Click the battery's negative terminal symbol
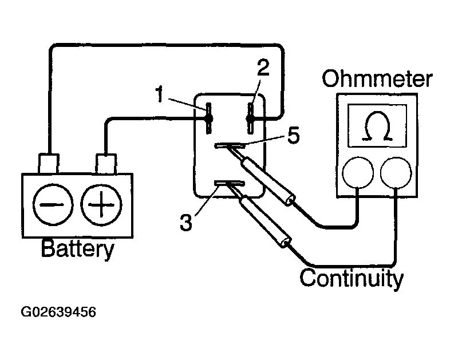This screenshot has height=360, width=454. [53, 204]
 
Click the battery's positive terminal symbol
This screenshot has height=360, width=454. [101, 204]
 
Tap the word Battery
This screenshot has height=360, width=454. [78, 249]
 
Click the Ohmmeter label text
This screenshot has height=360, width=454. [377, 78]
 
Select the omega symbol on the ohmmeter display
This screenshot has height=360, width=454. [377, 126]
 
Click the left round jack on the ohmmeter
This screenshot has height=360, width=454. [358, 173]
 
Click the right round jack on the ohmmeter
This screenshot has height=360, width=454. [396, 173]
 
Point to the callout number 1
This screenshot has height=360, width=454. [160, 94]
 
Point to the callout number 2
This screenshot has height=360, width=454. [263, 68]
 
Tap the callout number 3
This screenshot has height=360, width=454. [186, 222]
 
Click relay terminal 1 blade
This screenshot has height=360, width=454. [208, 118]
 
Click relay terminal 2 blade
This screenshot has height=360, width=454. [250, 118]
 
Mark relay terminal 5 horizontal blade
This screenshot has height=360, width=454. [230, 145]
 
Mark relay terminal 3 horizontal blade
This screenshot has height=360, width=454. [229, 183]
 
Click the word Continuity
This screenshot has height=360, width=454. [352, 278]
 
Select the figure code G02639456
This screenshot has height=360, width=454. [58, 312]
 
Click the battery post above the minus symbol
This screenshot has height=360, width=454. [49, 164]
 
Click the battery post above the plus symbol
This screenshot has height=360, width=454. [106, 164]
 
